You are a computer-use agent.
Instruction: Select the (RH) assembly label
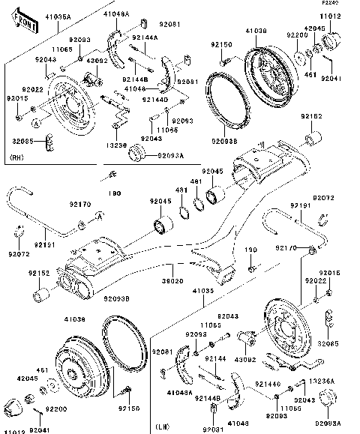tap(18, 157)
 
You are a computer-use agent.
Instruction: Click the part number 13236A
tap(320, 381)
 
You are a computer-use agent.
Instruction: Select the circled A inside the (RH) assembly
tap(35, 120)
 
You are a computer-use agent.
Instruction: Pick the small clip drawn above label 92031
tap(214, 408)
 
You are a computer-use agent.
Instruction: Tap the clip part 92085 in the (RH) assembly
tap(50, 140)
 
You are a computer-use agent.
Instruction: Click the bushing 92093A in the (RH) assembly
tap(137, 154)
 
